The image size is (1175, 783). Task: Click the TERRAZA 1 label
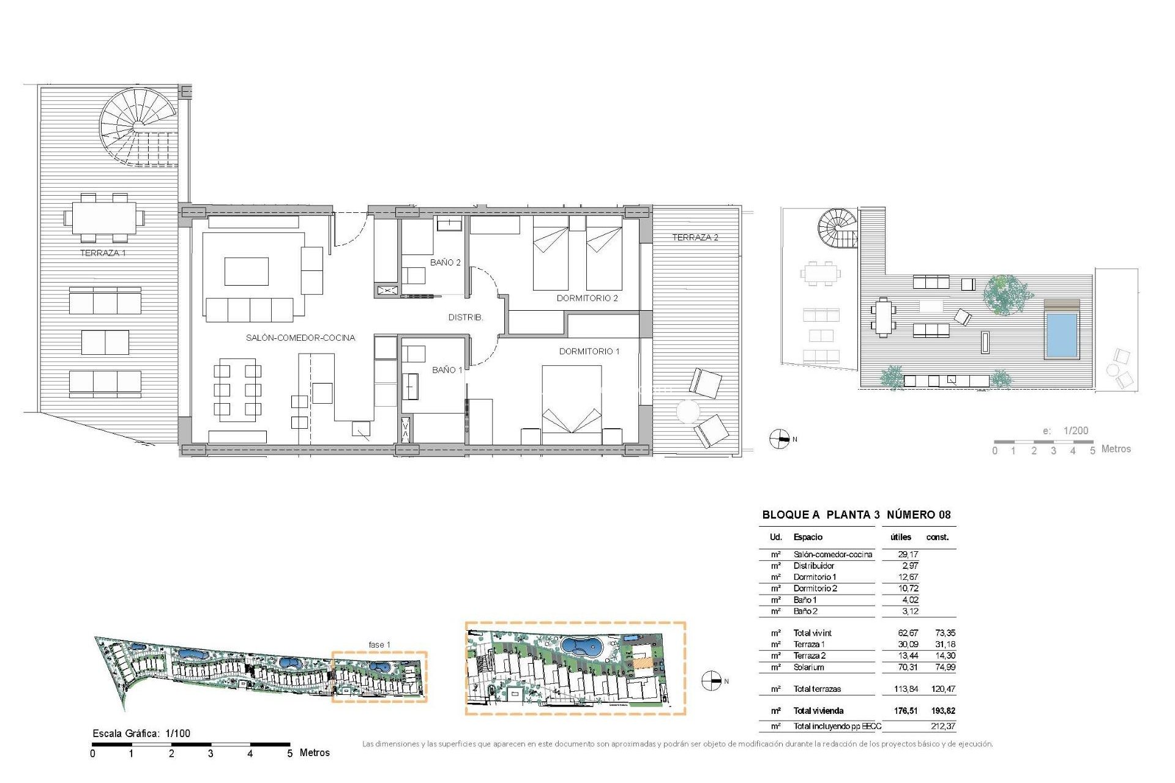click(x=103, y=253)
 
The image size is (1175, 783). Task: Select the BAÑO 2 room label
click(x=445, y=262)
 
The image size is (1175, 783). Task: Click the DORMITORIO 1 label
click(x=589, y=351)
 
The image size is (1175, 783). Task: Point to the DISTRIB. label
click(x=465, y=317)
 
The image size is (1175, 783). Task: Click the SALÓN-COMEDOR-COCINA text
click(x=300, y=338)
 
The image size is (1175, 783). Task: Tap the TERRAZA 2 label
click(x=695, y=237)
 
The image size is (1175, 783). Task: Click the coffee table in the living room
click(x=246, y=272)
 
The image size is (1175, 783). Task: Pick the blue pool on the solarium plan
click(x=1061, y=335)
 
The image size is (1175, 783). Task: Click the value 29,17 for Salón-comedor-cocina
click(x=908, y=554)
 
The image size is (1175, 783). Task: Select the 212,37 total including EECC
click(x=942, y=726)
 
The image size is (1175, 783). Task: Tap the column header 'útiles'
click(x=900, y=537)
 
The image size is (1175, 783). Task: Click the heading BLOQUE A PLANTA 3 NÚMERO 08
click(x=856, y=514)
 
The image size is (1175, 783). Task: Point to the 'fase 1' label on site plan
click(x=379, y=645)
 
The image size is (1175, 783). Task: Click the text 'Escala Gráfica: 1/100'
click(x=141, y=733)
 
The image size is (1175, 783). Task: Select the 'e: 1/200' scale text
click(x=1065, y=431)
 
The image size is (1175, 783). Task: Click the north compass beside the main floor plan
click(x=779, y=439)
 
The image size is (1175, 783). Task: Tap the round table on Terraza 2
click(x=687, y=411)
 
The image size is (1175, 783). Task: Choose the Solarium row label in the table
click(x=808, y=667)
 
